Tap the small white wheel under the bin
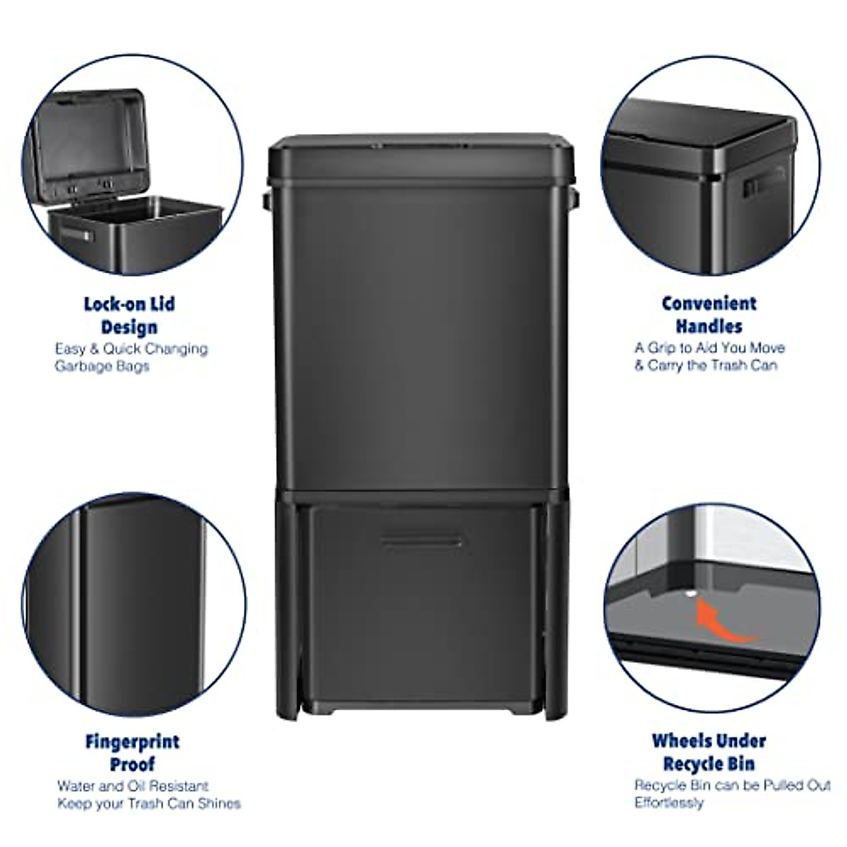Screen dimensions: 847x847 point(690,595)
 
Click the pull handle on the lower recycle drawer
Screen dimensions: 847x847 point(421,541)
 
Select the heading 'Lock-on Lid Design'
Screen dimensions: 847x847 point(129,316)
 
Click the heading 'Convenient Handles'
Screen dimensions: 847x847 point(709,315)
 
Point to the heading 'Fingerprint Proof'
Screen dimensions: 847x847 point(132,752)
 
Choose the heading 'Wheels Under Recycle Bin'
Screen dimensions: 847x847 point(709,752)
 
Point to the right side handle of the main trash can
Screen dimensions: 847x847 point(575,199)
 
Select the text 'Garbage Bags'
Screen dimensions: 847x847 point(102,366)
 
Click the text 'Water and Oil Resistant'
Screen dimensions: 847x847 point(133,786)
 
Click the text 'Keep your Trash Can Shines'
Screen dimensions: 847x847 point(149,803)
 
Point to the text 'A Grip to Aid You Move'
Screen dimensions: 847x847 point(709,348)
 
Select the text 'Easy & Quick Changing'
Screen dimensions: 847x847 point(132,349)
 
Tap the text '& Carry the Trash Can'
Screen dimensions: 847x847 point(705,366)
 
